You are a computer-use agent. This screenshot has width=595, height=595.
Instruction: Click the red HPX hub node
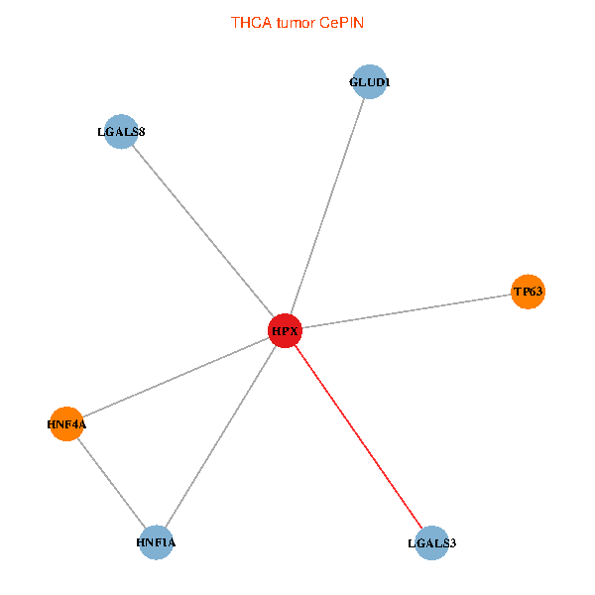coord(285,330)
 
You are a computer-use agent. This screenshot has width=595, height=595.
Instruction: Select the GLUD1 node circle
coord(369,82)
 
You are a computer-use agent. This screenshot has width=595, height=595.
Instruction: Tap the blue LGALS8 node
coord(120,131)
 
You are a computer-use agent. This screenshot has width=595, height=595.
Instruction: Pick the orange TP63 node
coord(528,292)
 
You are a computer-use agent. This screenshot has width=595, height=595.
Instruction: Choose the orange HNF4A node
coord(66,424)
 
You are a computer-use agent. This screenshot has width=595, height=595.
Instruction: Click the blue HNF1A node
coord(157,542)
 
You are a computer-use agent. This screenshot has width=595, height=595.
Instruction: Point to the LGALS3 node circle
coord(431,542)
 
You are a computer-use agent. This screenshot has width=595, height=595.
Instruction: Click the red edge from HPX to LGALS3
coord(358,436)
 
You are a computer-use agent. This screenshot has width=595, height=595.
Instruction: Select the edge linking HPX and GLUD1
coord(327,205)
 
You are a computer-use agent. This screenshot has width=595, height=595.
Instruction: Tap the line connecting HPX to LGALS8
coord(202,230)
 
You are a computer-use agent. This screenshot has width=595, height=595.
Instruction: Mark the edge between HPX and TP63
coord(407,310)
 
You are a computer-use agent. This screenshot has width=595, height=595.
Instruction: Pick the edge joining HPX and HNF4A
coord(176,377)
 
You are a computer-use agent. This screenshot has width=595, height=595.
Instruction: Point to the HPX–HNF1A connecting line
coord(220,436)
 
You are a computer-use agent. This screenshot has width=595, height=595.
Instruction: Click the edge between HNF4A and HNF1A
coord(111,483)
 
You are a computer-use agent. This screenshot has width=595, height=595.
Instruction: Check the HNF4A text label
coord(66,424)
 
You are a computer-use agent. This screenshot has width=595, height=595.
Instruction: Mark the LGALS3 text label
coord(431,543)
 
